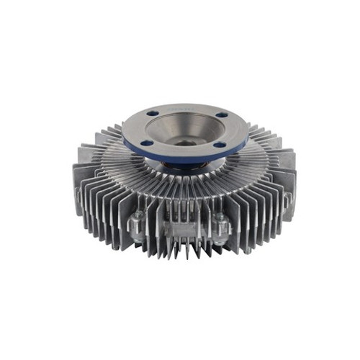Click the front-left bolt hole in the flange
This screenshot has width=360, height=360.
click(x=147, y=143)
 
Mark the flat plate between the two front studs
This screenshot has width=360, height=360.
click(x=179, y=229)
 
